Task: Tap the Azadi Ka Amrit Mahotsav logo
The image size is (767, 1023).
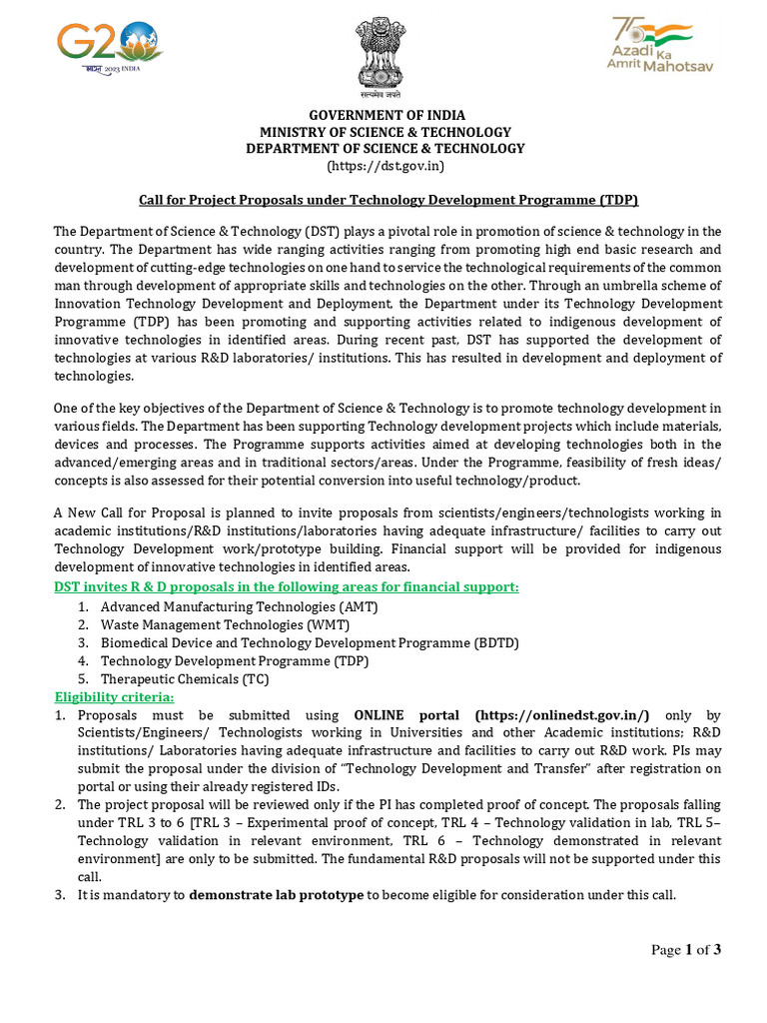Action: (661, 45)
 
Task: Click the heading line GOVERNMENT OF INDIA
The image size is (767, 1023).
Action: (385, 115)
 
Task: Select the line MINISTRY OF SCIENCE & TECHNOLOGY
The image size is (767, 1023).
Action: (385, 132)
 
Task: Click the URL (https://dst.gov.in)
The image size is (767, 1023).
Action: (385, 165)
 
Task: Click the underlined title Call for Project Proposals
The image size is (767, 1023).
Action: (386, 199)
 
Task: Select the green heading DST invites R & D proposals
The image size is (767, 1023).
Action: (286, 586)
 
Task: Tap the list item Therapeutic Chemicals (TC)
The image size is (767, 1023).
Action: (185, 678)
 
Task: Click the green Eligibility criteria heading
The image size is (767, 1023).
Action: (113, 696)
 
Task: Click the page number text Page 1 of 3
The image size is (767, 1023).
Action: (685, 950)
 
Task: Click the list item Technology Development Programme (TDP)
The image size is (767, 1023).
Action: (235, 660)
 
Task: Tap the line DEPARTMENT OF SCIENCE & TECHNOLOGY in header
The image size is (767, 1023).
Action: (385, 148)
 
